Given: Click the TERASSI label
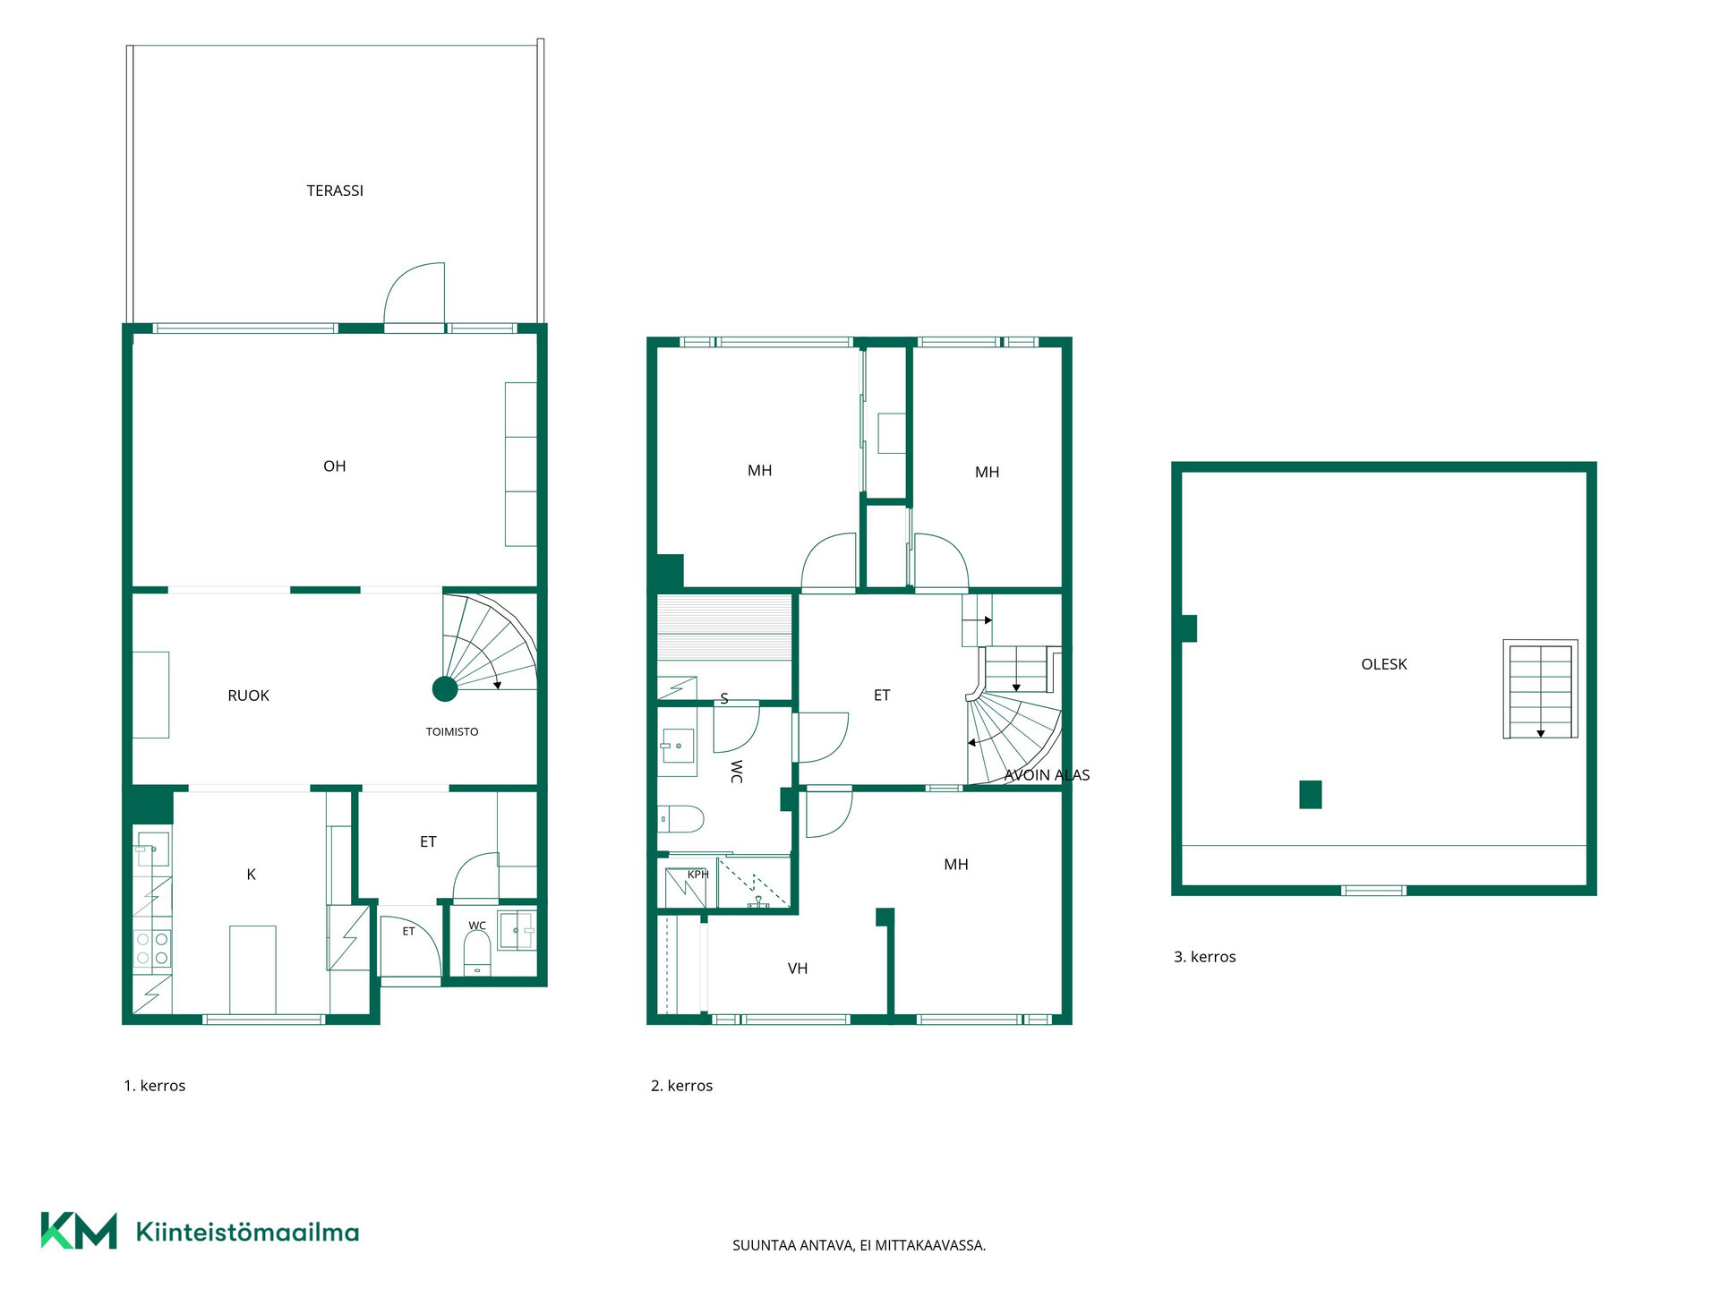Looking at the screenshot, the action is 335,191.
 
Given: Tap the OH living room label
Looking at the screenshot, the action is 334,466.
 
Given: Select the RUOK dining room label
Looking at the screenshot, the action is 248,696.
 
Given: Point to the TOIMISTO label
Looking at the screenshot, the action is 452,732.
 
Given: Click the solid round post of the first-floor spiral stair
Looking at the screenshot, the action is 445,689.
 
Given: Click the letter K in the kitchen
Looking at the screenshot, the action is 251,875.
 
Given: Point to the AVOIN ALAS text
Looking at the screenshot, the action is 1047,775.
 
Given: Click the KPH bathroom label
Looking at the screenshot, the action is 698,875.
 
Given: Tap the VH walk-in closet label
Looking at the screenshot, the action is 798,969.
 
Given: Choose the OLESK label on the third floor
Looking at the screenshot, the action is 1384,664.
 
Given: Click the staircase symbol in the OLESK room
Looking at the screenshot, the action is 1540,689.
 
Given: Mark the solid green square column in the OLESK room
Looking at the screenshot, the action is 1311,795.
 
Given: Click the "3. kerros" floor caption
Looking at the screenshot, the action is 1204,957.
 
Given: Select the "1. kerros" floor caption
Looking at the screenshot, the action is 154,1086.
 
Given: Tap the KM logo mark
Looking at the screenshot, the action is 79,1231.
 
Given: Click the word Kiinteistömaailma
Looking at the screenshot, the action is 247,1232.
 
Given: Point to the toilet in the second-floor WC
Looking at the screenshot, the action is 681,819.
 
